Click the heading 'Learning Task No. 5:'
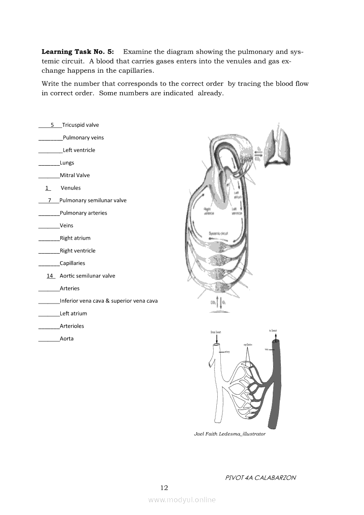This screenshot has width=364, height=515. (x=78, y=52)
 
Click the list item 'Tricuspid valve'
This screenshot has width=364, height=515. (x=80, y=125)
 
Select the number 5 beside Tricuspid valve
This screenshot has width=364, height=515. (x=52, y=125)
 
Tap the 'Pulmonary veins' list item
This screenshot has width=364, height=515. (x=83, y=137)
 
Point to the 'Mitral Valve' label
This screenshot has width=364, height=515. (x=74, y=175)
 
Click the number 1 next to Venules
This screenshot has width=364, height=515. (x=48, y=188)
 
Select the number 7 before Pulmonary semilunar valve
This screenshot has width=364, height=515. (x=50, y=200)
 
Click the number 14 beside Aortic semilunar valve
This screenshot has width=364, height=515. (x=50, y=276)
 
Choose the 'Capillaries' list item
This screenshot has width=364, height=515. (x=72, y=263)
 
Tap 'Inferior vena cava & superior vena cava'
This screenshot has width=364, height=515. (x=108, y=301)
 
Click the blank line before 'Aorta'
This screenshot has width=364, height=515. (x=48, y=340)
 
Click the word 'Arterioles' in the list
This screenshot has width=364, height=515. (x=72, y=326)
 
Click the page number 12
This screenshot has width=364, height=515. (x=164, y=488)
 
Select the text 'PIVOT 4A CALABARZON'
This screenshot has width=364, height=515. (x=260, y=478)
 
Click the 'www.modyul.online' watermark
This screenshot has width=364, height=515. (x=182, y=500)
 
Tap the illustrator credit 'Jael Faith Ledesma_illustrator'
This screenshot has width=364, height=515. (x=230, y=434)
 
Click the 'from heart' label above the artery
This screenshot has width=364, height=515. (x=215, y=332)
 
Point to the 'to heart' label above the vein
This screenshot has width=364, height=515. (x=273, y=330)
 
